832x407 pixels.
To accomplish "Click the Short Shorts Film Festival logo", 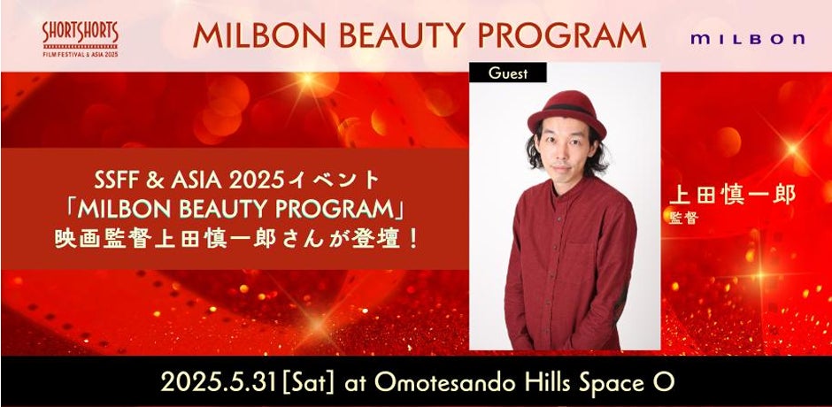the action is click(81, 40).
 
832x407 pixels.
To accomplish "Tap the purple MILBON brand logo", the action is click(748, 39).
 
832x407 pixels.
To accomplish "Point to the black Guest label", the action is click(508, 73).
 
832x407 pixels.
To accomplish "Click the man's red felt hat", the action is click(566, 114).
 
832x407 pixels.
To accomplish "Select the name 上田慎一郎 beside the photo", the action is click(732, 196).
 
